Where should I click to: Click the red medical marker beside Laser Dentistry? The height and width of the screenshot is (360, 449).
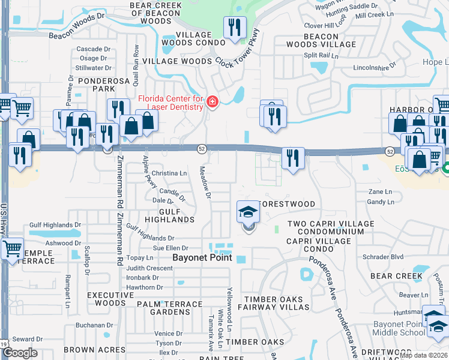tap(212, 103)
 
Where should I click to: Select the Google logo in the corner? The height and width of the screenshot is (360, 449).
tap(20, 353)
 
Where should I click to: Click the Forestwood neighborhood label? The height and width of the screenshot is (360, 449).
tap(286, 204)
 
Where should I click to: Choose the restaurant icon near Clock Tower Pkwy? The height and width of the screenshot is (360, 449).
tap(233, 28)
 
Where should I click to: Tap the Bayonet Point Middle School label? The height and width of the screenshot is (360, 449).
tap(399, 328)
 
